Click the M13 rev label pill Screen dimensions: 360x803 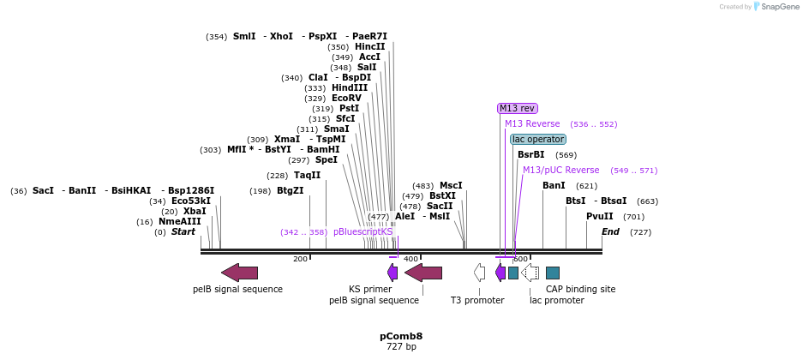(x=518, y=108)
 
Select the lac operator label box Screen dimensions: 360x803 (x=537, y=139)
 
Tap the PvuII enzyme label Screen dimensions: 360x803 (x=600, y=216)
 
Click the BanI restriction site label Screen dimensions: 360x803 (x=554, y=185)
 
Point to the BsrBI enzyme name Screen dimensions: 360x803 (x=530, y=154)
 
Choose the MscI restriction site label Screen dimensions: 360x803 (x=451, y=185)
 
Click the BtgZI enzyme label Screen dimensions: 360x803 (x=290, y=190)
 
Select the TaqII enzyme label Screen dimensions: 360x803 (x=307, y=175)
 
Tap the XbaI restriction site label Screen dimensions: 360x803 (x=195, y=211)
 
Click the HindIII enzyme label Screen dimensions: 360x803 (x=350, y=87)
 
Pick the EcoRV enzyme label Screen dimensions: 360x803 (x=346, y=98)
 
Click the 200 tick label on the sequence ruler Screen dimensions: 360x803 (x=300, y=259)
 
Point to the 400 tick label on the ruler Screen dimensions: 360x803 (x=410, y=259)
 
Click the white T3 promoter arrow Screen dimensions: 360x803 (x=480, y=273)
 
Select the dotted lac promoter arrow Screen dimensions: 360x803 (x=530, y=273)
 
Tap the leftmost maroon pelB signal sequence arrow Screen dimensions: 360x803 (x=239, y=273)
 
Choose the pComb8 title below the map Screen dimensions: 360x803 (x=401, y=336)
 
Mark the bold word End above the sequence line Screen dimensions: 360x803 (x=610, y=231)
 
